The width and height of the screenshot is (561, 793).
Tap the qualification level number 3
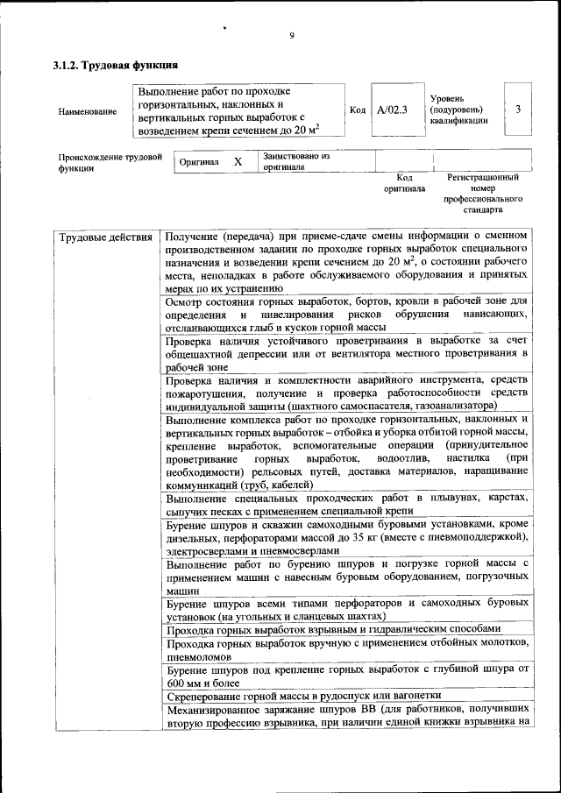[x=519, y=110]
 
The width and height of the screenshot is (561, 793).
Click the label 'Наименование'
[x=87, y=112]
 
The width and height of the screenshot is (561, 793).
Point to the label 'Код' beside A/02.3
[x=358, y=110]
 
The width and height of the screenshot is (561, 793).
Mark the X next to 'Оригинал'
[x=238, y=162]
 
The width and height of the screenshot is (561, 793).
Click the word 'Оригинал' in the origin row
[x=199, y=163]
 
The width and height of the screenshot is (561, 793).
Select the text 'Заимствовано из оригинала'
[x=295, y=160]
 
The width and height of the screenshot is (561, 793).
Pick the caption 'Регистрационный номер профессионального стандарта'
[x=482, y=194]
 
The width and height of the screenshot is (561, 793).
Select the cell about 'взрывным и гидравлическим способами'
[x=333, y=628]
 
